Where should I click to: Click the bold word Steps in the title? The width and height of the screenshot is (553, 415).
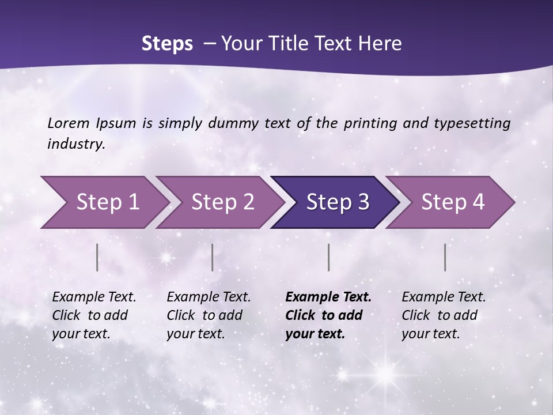pyautogui.click(x=167, y=44)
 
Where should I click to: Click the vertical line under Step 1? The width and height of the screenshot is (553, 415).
pyautogui.click(x=97, y=257)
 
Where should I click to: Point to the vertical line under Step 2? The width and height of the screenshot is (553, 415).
pyautogui.click(x=213, y=257)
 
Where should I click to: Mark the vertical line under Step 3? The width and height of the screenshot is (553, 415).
pyautogui.click(x=329, y=257)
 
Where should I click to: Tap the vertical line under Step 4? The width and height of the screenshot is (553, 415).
pyautogui.click(x=445, y=257)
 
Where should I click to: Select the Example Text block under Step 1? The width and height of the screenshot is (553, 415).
pyautogui.click(x=94, y=315)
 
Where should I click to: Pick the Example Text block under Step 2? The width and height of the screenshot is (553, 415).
pyautogui.click(x=209, y=315)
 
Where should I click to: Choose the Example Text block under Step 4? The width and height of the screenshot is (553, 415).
pyautogui.click(x=444, y=315)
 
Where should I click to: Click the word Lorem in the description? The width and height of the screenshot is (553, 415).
pyautogui.click(x=69, y=123)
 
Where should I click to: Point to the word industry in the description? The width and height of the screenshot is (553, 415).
pyautogui.click(x=76, y=144)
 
